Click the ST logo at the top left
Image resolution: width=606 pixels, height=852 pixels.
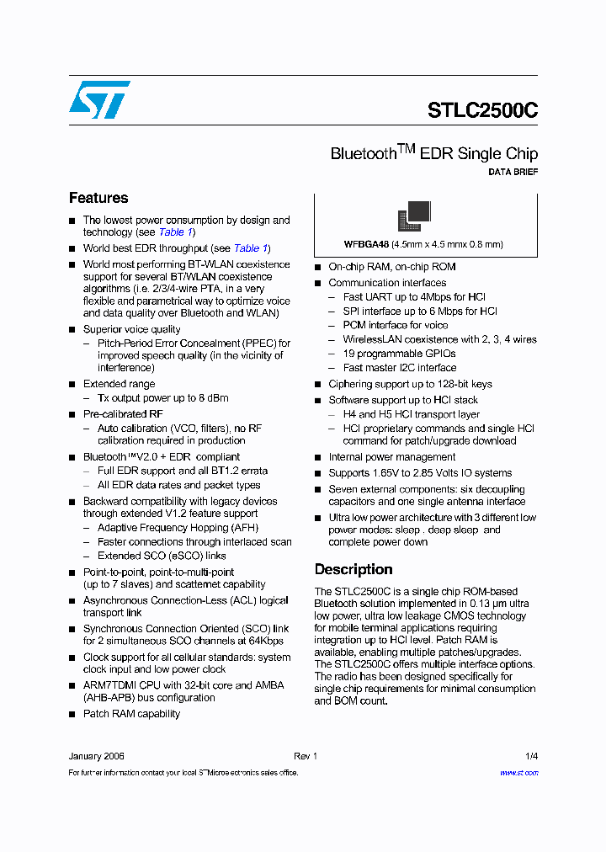pos(99,99)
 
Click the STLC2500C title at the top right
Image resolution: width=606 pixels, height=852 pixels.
pos(482,111)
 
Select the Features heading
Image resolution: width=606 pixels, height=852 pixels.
pos(98,198)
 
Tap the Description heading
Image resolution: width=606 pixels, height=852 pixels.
pos(353,569)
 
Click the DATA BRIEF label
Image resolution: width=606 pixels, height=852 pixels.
pos(513,172)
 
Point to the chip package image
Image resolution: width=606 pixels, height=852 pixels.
pos(413,216)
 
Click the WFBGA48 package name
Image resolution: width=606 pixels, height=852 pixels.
pos(366,244)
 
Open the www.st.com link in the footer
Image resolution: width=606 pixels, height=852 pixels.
pos(518,772)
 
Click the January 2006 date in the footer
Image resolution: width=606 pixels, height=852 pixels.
pos(97,756)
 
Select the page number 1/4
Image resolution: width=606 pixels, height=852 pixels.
pos(531,756)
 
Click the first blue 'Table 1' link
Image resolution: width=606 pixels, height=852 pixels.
pos(176,232)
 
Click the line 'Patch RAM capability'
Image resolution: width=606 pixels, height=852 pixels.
pos(131,714)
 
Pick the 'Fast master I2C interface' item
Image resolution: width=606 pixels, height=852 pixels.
pos(399,368)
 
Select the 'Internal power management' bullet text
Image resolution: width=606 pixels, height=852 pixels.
pos(391,457)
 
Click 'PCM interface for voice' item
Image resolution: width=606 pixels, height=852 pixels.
pos(395,325)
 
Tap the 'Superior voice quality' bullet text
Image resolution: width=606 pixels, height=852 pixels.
pos(131,329)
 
